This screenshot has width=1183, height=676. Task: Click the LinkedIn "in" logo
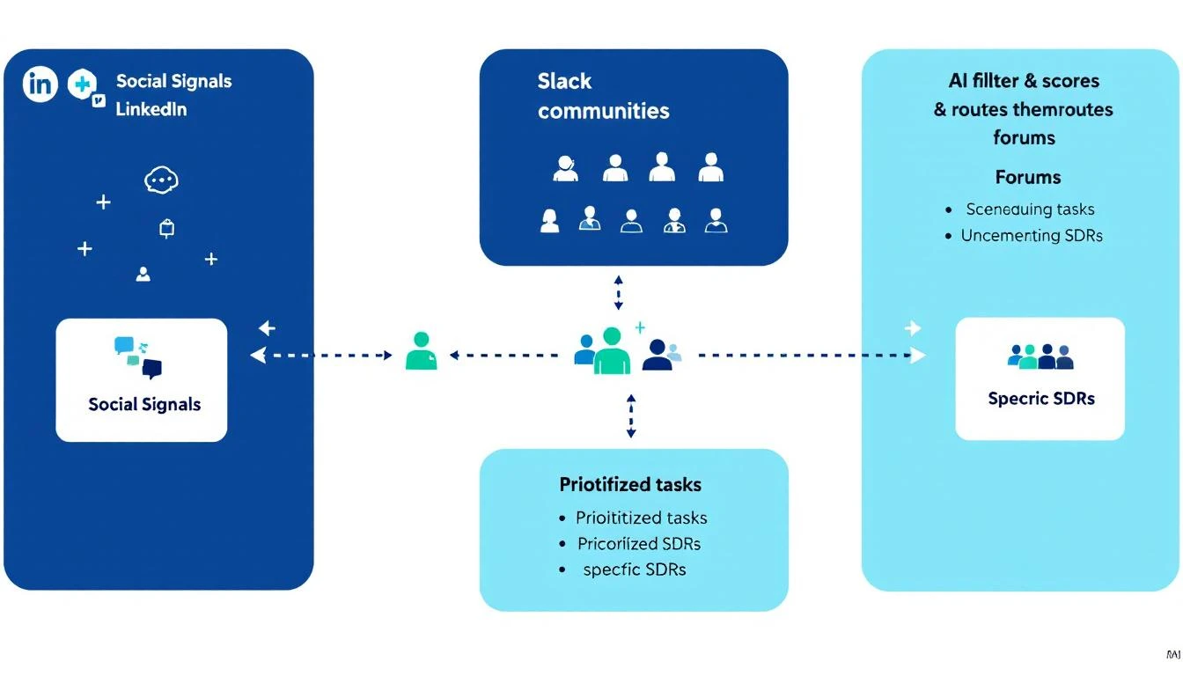(x=40, y=84)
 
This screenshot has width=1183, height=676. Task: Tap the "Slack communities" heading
(x=603, y=96)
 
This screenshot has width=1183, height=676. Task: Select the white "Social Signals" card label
(x=144, y=405)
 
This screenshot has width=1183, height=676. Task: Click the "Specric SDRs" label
(x=1041, y=399)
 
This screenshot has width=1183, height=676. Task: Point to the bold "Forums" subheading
(x=1027, y=177)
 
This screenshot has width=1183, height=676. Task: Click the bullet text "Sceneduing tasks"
(x=1030, y=209)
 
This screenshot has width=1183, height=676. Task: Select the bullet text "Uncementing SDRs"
(x=1032, y=236)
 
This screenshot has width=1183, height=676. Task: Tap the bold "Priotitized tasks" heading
(x=630, y=484)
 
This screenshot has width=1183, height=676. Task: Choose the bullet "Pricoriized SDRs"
(x=639, y=543)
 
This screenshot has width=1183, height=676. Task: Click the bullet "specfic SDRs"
(x=634, y=569)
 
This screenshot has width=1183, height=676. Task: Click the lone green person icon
(x=421, y=350)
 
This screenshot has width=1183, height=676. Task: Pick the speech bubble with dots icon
(x=160, y=180)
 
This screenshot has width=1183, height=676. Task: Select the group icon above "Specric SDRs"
(x=1040, y=356)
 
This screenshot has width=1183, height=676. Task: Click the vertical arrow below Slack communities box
(x=618, y=291)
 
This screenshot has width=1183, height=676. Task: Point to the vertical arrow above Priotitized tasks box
(x=630, y=415)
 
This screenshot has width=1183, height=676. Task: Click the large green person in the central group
(x=612, y=350)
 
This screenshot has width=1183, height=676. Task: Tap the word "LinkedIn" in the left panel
(x=151, y=110)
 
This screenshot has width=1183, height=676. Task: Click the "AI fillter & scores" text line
(x=1024, y=81)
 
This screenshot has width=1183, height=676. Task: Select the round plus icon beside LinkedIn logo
(x=81, y=85)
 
